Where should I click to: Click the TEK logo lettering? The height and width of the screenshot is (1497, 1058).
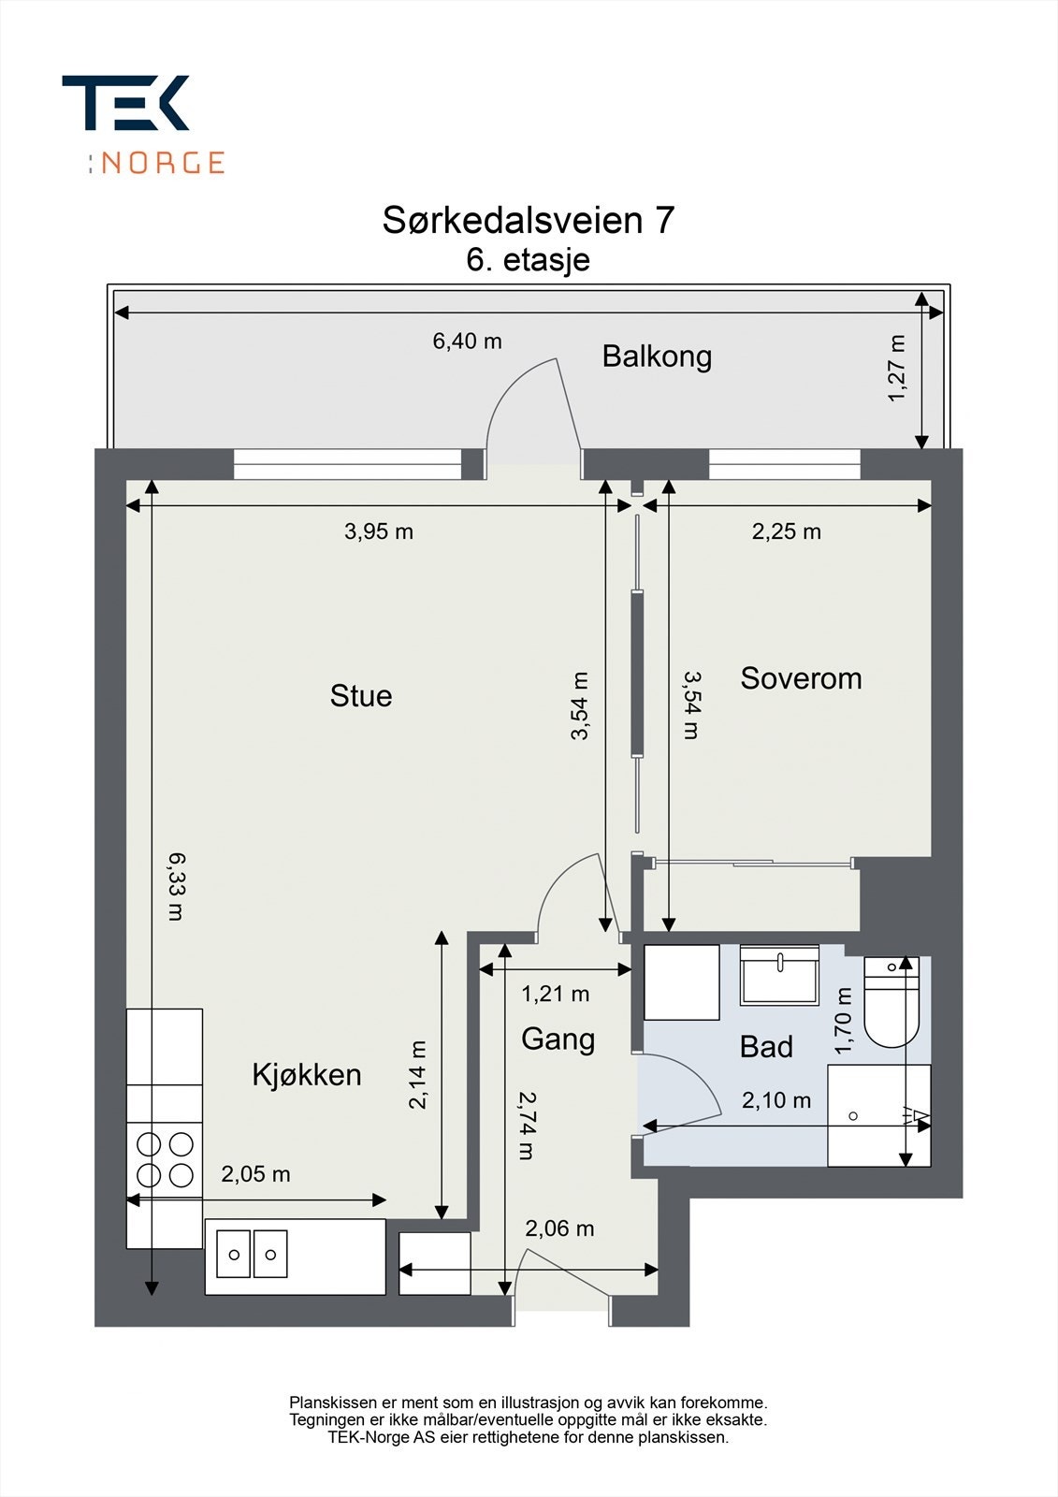point(125,103)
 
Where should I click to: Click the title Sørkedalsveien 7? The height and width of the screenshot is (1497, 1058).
point(528,220)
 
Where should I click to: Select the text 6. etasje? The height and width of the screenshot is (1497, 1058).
point(528,259)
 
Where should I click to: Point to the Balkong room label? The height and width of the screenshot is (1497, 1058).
point(657,356)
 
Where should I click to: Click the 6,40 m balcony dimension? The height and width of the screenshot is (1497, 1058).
point(467,342)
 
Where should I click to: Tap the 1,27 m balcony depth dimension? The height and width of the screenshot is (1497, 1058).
point(896,369)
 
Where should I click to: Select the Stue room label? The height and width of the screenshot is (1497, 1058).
point(360,696)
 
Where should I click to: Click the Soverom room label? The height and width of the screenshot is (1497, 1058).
point(801,678)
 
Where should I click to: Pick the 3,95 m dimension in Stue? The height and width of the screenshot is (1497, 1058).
point(378,531)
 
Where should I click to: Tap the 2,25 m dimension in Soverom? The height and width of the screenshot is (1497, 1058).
point(786,531)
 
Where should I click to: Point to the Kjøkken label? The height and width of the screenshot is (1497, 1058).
point(307,1075)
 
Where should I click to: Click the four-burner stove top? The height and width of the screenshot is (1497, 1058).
point(165,1159)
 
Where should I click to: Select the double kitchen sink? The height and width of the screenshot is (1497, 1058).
point(252,1255)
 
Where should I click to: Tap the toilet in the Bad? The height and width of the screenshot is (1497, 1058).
point(891,1003)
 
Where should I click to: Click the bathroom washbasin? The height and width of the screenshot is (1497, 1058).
point(778,975)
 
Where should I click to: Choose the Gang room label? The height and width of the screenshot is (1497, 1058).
point(558,1039)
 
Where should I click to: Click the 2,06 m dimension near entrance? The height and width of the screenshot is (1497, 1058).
point(559,1228)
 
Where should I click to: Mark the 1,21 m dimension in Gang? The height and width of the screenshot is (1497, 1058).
point(555,994)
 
